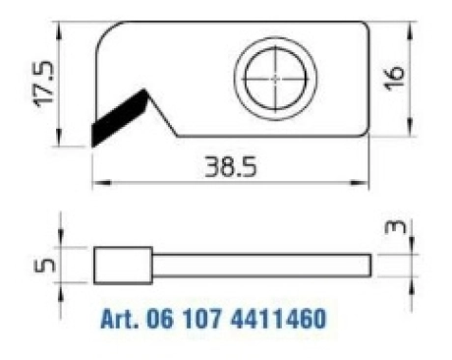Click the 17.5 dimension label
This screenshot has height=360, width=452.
43,84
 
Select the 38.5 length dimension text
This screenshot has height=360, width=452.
231,167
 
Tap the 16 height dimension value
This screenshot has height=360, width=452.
394,78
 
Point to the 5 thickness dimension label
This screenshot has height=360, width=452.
44,266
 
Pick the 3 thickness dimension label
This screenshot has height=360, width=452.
395,227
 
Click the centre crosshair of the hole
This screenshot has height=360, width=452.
275,79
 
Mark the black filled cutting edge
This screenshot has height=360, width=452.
120,116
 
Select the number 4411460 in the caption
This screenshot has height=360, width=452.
278,318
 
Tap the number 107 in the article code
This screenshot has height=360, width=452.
202,318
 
